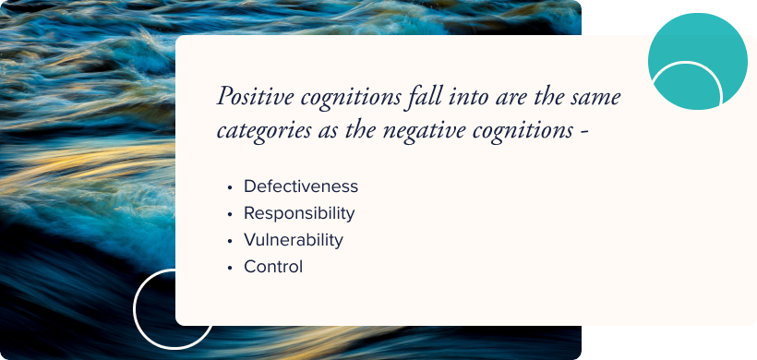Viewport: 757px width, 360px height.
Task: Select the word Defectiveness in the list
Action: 301,186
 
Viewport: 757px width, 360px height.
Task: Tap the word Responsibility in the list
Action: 299,213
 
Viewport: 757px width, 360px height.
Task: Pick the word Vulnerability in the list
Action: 294,240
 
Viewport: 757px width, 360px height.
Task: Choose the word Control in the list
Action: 273,267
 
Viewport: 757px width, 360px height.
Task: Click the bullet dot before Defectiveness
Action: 229,187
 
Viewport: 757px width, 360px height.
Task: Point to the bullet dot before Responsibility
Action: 229,214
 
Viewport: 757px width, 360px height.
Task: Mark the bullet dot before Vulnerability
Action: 229,241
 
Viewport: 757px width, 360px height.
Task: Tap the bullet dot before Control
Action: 229,268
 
